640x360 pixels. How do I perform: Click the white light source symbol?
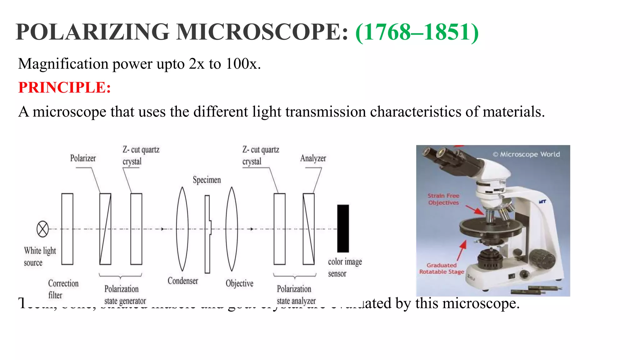coord(42,229)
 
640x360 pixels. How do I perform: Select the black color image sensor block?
coord(343,228)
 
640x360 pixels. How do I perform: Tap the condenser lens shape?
coord(182,229)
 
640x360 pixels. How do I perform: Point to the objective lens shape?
coord(232,229)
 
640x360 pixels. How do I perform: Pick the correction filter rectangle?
coord(67,229)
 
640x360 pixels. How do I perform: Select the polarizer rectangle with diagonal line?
coord(105,229)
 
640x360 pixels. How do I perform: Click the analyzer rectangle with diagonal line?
coord(308,229)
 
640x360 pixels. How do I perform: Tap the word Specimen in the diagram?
coord(207,180)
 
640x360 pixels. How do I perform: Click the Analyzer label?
coord(313,158)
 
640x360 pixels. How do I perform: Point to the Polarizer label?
coord(83,158)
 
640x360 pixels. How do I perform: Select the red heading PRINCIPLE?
coord(64,87)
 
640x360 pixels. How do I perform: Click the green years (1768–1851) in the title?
coord(417,32)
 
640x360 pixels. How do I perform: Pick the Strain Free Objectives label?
coord(443,199)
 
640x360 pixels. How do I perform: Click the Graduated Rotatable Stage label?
coord(442,268)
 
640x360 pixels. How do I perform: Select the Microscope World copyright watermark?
coord(526,154)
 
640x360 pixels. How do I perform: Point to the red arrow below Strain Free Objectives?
coord(475,210)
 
